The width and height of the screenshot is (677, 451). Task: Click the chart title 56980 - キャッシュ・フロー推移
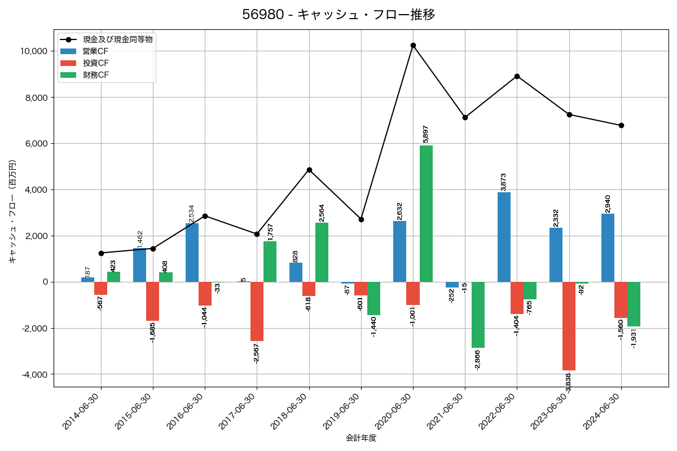pyautogui.click(x=338, y=15)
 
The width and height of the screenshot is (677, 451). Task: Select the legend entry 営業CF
pyautogui.click(x=95, y=51)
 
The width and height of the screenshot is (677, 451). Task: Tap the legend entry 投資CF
pyautogui.click(x=95, y=63)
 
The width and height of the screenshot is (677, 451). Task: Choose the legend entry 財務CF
pyautogui.click(x=95, y=75)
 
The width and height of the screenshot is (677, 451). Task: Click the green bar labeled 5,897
pyautogui.click(x=426, y=214)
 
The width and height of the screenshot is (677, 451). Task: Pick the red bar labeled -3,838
pyautogui.click(x=569, y=326)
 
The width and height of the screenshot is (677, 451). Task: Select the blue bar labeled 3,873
pyautogui.click(x=504, y=237)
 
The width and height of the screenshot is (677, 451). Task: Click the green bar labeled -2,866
pyautogui.click(x=478, y=315)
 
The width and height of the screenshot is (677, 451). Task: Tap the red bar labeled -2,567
pyautogui.click(x=257, y=311)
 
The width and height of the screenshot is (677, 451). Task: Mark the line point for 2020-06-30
pyautogui.click(x=413, y=45)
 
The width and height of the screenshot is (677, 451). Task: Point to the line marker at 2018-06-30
pyautogui.click(x=309, y=170)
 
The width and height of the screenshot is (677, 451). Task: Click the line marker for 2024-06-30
pyautogui.click(x=621, y=125)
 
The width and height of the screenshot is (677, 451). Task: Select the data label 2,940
pyautogui.click(x=608, y=204)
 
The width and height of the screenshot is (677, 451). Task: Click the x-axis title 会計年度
pyautogui.click(x=361, y=438)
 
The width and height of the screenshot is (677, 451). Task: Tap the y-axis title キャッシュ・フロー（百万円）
pyautogui.click(x=12, y=211)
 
